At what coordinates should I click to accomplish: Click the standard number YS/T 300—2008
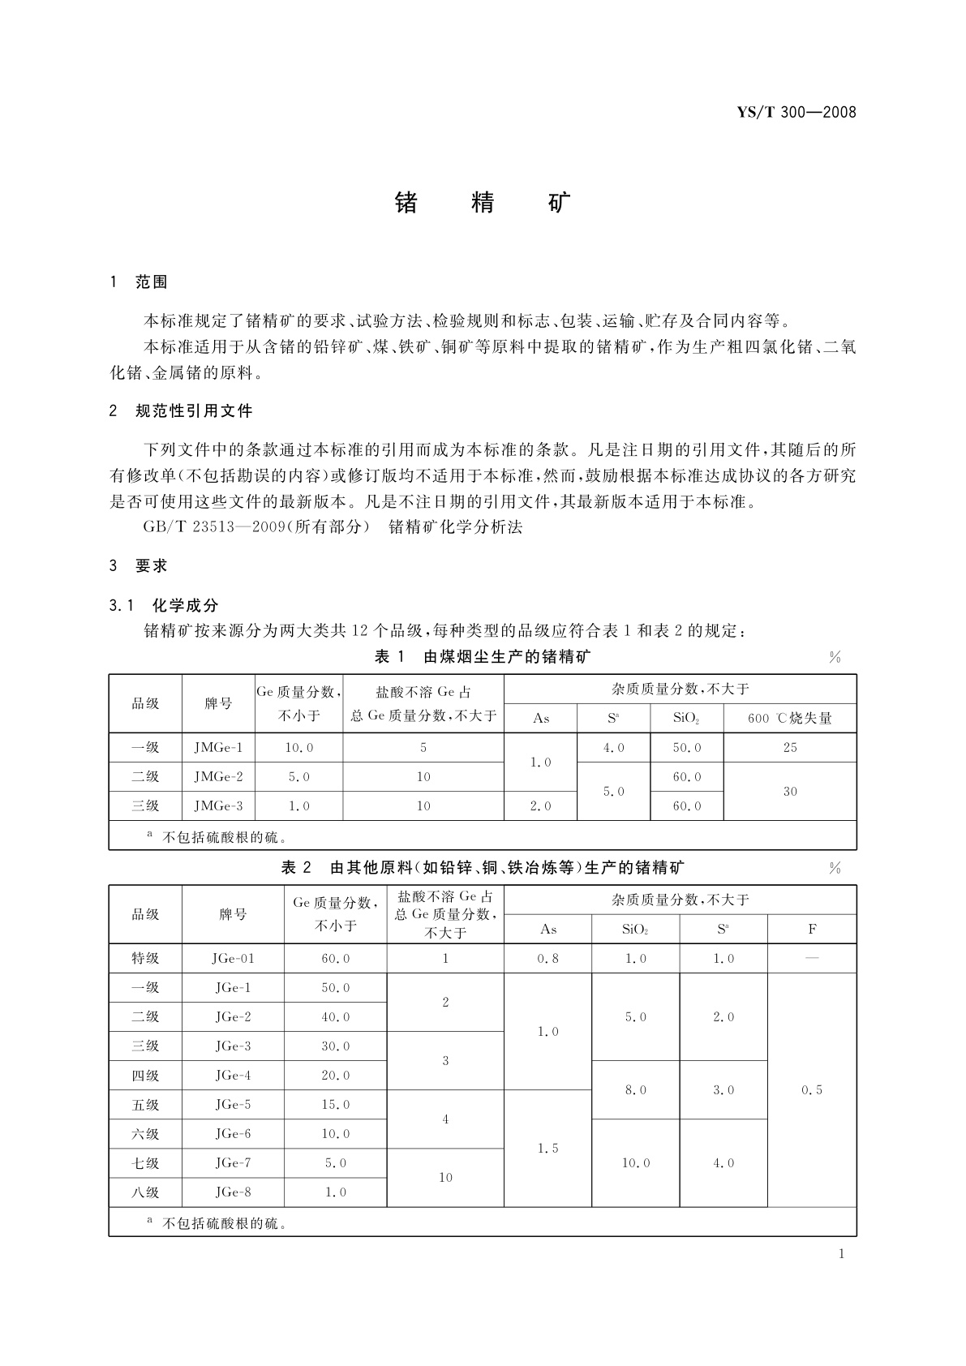796,112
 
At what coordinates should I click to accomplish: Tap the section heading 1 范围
139,282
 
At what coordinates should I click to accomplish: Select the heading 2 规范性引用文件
181,411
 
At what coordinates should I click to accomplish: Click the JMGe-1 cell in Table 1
218,748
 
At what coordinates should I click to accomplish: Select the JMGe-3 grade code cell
218,806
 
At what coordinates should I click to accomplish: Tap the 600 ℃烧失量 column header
789,718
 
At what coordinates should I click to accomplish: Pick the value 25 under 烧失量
789,748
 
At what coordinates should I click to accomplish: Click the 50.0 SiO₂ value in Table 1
686,748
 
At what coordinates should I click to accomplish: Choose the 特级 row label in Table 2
145,959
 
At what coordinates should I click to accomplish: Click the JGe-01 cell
233,959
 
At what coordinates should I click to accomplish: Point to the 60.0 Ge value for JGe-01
335,959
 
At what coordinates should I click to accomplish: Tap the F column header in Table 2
811,930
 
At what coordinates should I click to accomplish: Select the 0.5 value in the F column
811,1090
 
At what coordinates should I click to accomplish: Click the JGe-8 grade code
233,1192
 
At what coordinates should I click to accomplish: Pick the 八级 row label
145,1192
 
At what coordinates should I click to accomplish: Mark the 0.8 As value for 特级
547,959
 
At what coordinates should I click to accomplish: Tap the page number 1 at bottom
841,1254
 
